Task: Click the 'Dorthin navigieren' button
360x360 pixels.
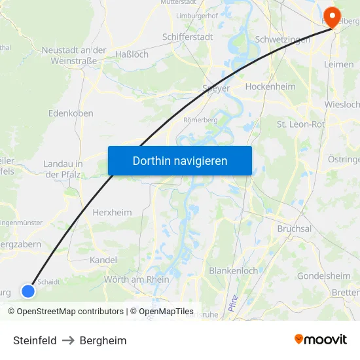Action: [x=180, y=160]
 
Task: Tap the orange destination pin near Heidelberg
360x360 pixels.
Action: [x=332, y=17]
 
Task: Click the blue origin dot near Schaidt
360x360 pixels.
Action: [x=27, y=291]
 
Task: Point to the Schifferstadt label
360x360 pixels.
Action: [x=187, y=37]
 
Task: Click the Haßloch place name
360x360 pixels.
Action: [x=132, y=54]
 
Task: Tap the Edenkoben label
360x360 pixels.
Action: [x=71, y=113]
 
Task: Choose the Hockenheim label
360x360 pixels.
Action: [x=270, y=86]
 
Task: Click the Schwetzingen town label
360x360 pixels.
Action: [x=283, y=39]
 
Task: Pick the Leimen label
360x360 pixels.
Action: [x=338, y=64]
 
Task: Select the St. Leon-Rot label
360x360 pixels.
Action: [x=300, y=124]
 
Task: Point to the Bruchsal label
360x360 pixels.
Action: [x=294, y=229]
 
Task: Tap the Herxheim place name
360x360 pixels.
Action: [x=112, y=213]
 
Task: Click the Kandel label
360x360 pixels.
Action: [x=103, y=260]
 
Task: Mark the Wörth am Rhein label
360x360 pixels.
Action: [x=136, y=279]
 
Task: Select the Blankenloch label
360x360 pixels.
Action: [x=233, y=270]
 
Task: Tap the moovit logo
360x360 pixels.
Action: [x=320, y=340]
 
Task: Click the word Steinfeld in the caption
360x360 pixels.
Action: [x=35, y=340]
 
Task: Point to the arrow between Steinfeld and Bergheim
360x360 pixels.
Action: [x=68, y=340]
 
